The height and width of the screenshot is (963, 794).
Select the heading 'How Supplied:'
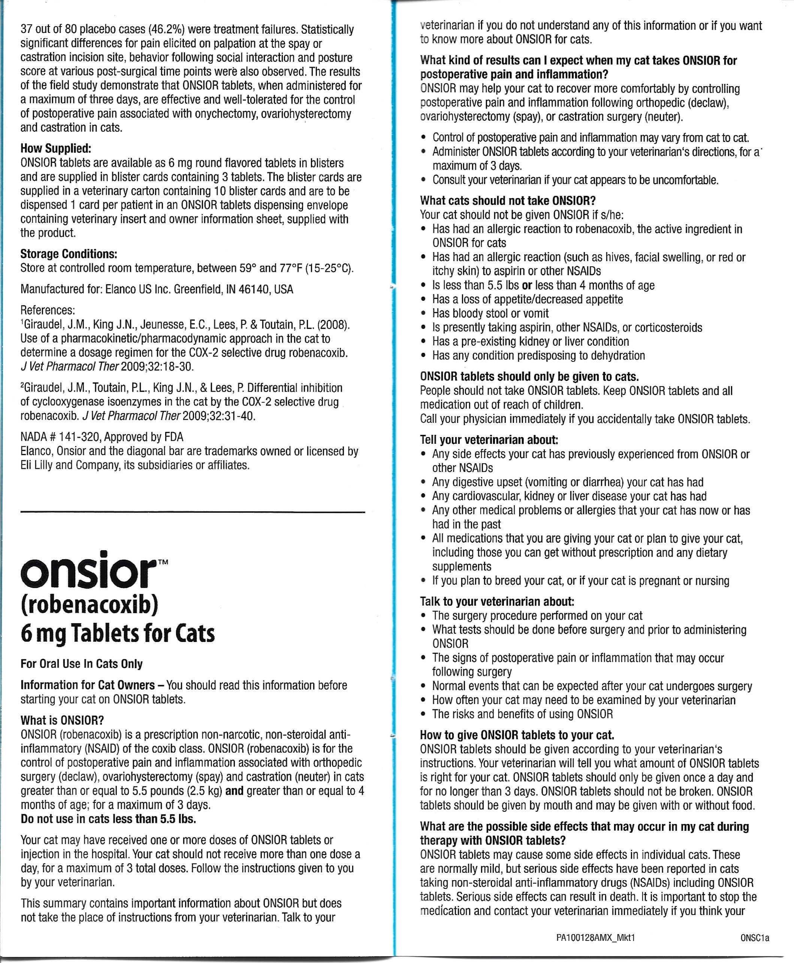pos(56,149)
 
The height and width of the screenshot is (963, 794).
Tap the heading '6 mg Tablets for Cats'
pos(118,634)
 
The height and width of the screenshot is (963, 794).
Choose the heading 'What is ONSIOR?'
pos(62,721)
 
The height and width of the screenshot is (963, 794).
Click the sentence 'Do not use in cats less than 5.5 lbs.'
pos(108,819)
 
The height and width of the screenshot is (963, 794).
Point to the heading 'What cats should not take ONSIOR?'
pos(508,201)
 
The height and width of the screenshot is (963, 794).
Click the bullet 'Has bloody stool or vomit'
pos(490,313)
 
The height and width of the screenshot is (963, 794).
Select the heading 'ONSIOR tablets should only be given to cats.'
pos(529,377)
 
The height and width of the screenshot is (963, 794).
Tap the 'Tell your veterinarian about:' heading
pos(489,440)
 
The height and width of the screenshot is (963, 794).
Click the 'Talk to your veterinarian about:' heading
pos(497,601)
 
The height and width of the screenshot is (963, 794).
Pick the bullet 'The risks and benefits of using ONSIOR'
pos(522,714)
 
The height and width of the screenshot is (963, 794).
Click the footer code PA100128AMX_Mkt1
pos(595,938)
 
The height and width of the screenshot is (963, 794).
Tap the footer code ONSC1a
pos(755,938)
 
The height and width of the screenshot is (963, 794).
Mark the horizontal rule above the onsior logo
pos(193,512)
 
